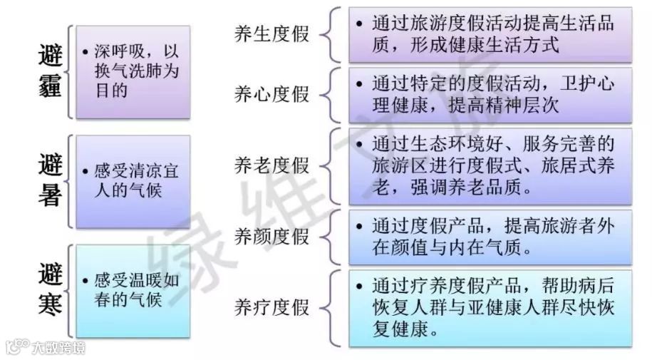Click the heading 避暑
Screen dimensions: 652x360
point(49,181)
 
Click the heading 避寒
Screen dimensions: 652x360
point(49,289)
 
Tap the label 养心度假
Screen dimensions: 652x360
point(272,95)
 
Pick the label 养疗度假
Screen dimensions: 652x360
point(272,307)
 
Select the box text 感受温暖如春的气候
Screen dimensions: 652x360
point(132,289)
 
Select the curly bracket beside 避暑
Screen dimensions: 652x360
point(70,181)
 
